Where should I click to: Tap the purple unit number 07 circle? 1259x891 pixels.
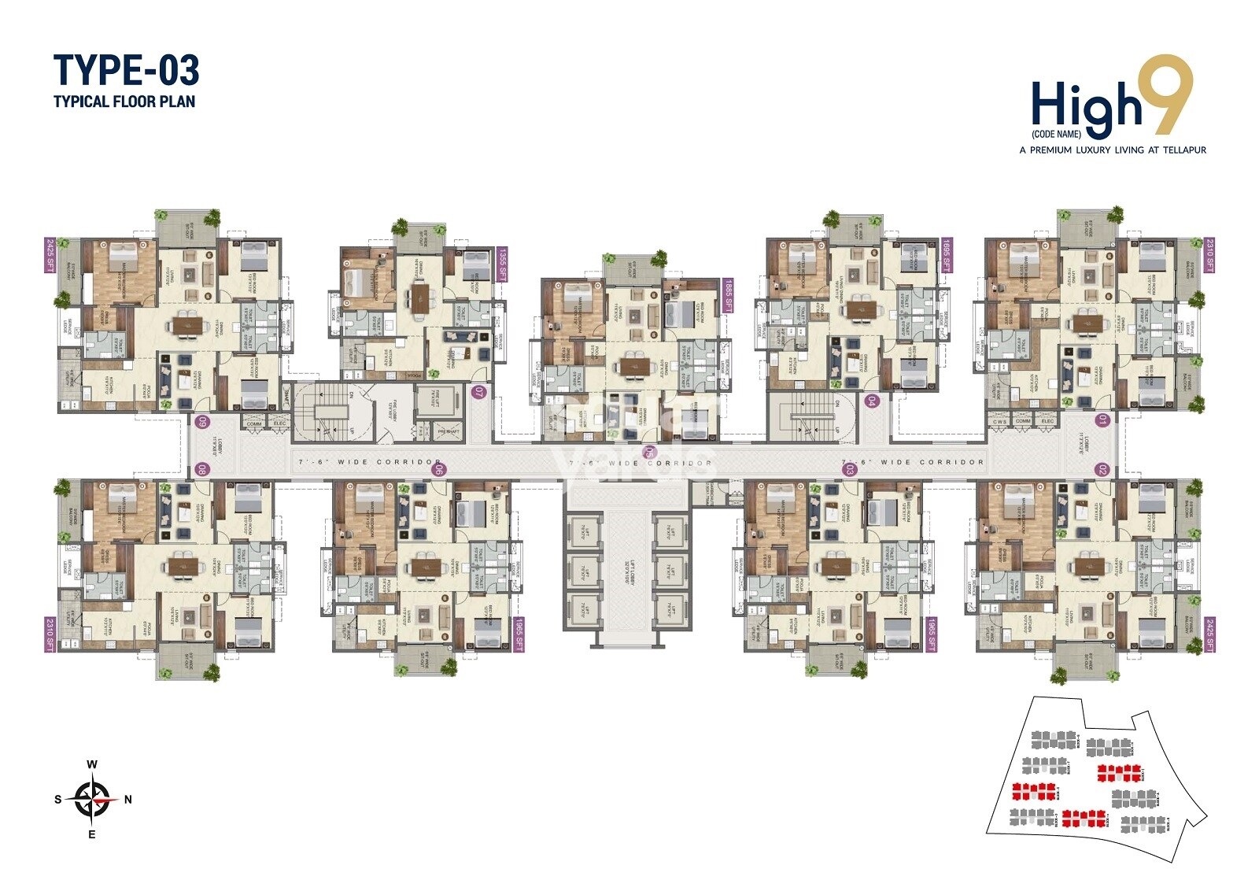pos(478,391)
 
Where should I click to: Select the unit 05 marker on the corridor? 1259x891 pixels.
pos(649,452)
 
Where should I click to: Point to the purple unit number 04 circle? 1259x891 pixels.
pos(871,401)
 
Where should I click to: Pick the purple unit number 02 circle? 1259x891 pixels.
pos(1102,470)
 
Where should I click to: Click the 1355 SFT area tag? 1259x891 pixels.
pos(502,264)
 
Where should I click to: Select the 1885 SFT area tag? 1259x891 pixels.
pos(727,296)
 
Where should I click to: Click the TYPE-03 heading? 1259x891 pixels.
pos(126,70)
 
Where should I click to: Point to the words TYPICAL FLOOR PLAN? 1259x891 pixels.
pos(124,102)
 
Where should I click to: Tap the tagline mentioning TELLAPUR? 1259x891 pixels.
pos(1112,150)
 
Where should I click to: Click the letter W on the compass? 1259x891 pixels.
pos(92,764)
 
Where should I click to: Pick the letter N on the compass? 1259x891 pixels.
pos(128,800)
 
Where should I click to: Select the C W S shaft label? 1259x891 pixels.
pos(999,421)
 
